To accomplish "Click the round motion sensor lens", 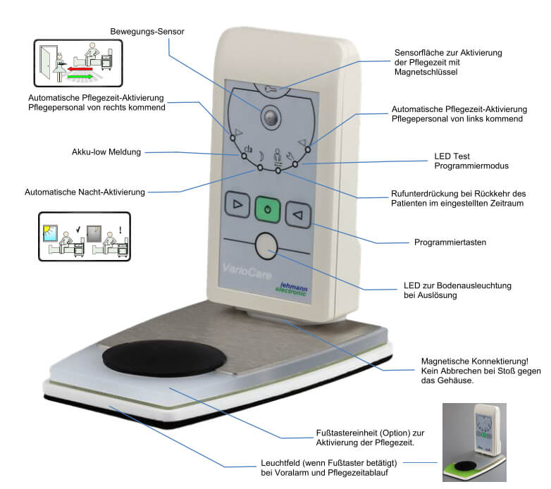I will pyautogui.click(x=270, y=117).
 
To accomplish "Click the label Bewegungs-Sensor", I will pyautogui.click(x=147, y=31).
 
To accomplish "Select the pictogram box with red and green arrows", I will pyautogui.click(x=78, y=63).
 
